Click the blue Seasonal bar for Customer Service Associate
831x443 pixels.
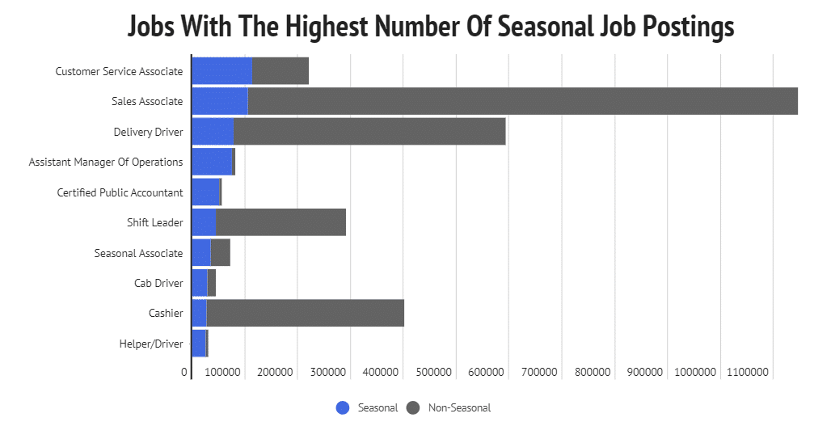coord(221,71)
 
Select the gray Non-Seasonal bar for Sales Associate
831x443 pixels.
coord(522,101)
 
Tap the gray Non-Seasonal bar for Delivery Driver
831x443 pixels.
coord(369,132)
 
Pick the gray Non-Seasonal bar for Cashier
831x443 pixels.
coord(305,313)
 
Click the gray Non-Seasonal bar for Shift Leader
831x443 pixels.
coord(281,222)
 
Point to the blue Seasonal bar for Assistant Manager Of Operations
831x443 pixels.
coord(212,162)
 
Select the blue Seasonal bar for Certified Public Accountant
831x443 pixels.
coord(205,192)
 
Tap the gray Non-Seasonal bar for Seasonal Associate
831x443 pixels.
coord(220,253)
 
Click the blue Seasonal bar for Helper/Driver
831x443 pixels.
coord(198,344)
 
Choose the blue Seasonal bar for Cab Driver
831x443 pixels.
coord(199,283)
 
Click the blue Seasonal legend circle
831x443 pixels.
coord(343,408)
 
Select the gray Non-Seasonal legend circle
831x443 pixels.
coord(413,408)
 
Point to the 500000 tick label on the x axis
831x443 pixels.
coord(432,373)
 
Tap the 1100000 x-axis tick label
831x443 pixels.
coord(747,373)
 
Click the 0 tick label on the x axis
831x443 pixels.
coord(184,373)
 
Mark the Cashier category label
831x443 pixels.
coord(166,314)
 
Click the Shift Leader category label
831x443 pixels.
coord(155,222)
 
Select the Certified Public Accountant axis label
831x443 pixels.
coord(120,192)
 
